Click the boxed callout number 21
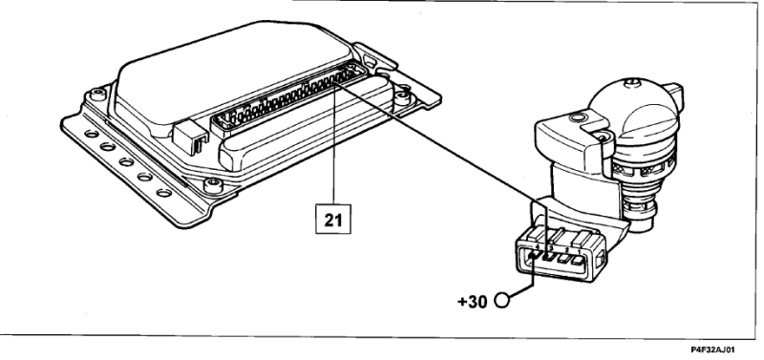(332, 220)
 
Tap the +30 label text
(472, 302)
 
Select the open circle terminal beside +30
(502, 300)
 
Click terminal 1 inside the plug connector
(579, 262)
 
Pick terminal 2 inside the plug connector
(564, 259)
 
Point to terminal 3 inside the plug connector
(551, 257)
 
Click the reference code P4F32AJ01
(712, 349)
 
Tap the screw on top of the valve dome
(631, 83)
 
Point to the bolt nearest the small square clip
(213, 184)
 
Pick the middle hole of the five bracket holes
(126, 162)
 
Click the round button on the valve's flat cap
(578, 116)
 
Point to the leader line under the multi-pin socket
(334, 144)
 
